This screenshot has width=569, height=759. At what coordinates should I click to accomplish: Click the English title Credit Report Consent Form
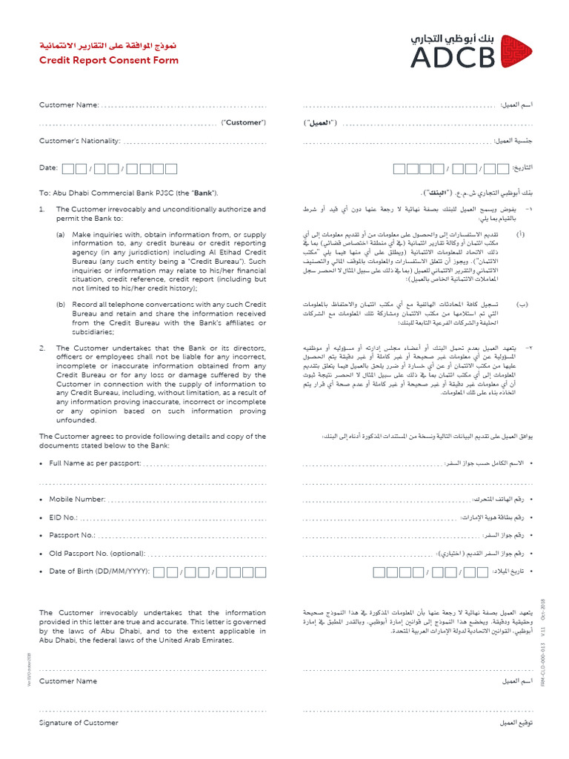[109, 60]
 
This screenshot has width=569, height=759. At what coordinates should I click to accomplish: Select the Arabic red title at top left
[109, 46]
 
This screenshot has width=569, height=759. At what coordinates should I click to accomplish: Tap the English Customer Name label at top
[69, 105]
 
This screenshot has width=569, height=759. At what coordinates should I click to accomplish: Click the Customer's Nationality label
[79, 141]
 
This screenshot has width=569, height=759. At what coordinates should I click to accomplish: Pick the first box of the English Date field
[68, 169]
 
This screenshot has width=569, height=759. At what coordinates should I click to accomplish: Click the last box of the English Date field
[170, 169]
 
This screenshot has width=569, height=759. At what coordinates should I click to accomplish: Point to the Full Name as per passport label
[95, 463]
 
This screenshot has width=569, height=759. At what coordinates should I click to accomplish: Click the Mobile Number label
[77, 500]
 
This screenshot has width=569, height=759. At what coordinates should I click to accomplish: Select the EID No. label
[63, 517]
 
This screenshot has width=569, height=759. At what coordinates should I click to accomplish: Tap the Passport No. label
[72, 535]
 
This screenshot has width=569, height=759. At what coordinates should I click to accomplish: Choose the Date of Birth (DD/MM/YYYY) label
[99, 571]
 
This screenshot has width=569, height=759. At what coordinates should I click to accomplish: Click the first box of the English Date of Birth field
[171, 572]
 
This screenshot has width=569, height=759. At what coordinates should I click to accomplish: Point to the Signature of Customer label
[79, 723]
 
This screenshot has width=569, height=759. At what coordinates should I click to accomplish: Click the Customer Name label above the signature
[68, 680]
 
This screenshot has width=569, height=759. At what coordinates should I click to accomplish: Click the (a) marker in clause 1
[61, 234]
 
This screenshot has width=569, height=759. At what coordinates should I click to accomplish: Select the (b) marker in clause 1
[61, 305]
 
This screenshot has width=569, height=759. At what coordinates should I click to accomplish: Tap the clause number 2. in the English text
[43, 347]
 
